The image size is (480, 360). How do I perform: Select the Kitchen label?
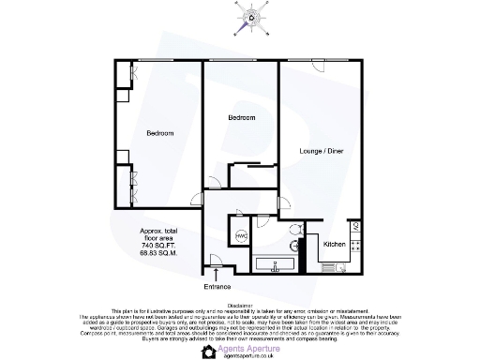tap(335, 244)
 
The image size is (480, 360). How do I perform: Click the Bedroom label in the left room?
tap(159, 133)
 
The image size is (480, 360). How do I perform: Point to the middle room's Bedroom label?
tap(243, 117)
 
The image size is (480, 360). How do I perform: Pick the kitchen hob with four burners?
tap(356, 228)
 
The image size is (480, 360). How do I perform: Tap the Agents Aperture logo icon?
tap(209, 351)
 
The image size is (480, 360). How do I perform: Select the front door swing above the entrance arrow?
tap(216, 264)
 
